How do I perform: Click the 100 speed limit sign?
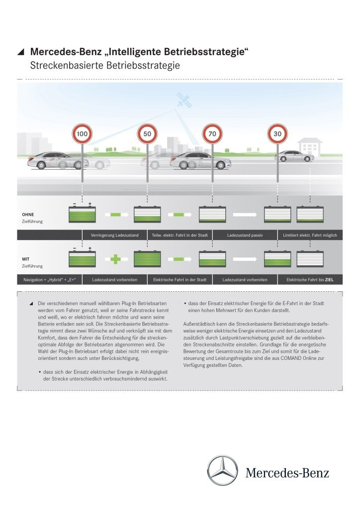[82, 134]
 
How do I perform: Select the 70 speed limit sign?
[211, 134]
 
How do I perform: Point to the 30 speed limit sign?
[277, 134]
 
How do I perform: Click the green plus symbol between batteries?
[115, 259]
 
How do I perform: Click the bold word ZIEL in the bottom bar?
[330, 280]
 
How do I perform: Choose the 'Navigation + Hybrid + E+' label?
[49, 280]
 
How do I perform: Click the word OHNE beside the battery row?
[28, 214]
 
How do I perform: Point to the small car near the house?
[294, 156]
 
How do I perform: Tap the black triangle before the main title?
[20, 52]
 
